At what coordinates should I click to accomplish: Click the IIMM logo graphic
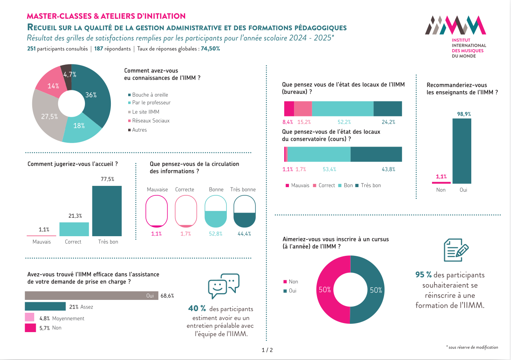[x=455, y=26]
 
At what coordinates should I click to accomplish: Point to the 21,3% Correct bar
[x=74, y=229]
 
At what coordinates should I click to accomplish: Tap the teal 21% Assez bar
[x=45, y=307]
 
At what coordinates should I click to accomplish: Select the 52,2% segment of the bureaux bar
[x=342, y=109]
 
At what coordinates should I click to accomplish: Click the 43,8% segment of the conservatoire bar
[x=376, y=154]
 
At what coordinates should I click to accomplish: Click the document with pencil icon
[x=456, y=250]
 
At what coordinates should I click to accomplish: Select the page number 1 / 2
[x=267, y=350]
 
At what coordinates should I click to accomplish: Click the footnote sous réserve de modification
[x=472, y=347]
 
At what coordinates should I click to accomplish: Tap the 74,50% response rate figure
[x=210, y=49]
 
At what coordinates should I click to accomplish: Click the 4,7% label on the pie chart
[x=70, y=74]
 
